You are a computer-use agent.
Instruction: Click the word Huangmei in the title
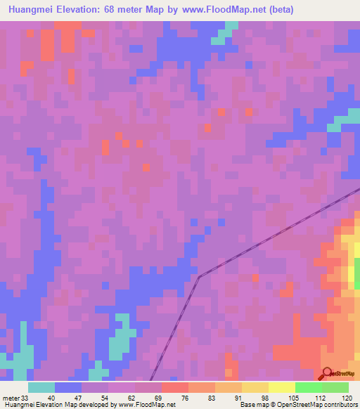(x=32, y=9)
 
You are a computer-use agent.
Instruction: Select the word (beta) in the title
(x=280, y=9)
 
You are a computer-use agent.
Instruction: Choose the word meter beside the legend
(x=9, y=397)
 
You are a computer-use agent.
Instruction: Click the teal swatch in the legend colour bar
(x=41, y=387)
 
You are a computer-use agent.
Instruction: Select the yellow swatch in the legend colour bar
(x=255, y=387)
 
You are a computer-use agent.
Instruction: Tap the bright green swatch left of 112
(x=309, y=387)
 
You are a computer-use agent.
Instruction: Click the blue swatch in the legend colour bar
(x=68, y=387)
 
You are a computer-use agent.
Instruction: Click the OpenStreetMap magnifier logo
(x=328, y=373)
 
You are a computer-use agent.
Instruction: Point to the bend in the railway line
(x=199, y=276)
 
